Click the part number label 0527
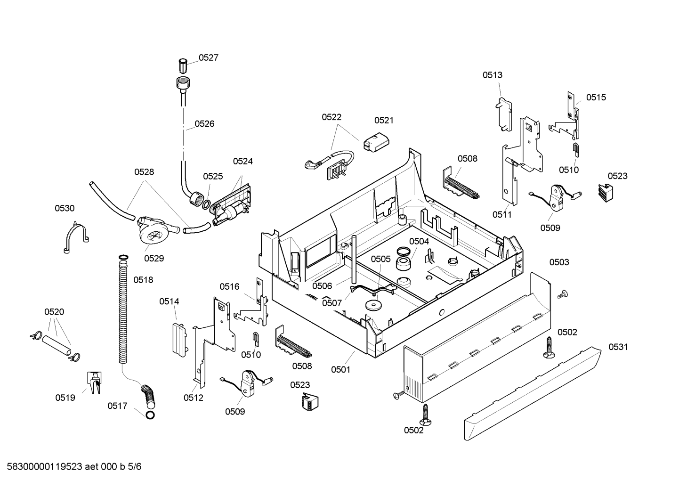tap(208, 57)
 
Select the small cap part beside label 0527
tap(183, 66)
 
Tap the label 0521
tap(384, 121)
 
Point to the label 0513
tap(492, 75)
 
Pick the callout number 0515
tap(596, 98)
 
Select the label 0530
tap(65, 208)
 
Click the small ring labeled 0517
tap(150, 415)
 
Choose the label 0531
tap(618, 347)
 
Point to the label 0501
tap(341, 370)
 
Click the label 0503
tap(559, 262)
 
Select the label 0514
tap(169, 301)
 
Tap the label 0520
tap(54, 312)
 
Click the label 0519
tap(65, 398)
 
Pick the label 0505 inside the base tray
tap(381, 259)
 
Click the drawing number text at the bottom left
tap(74, 467)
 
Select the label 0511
tap(502, 215)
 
